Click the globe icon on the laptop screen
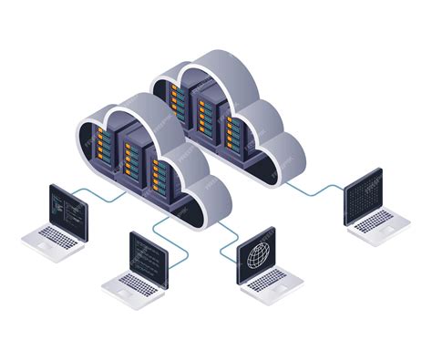[x=253, y=256]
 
